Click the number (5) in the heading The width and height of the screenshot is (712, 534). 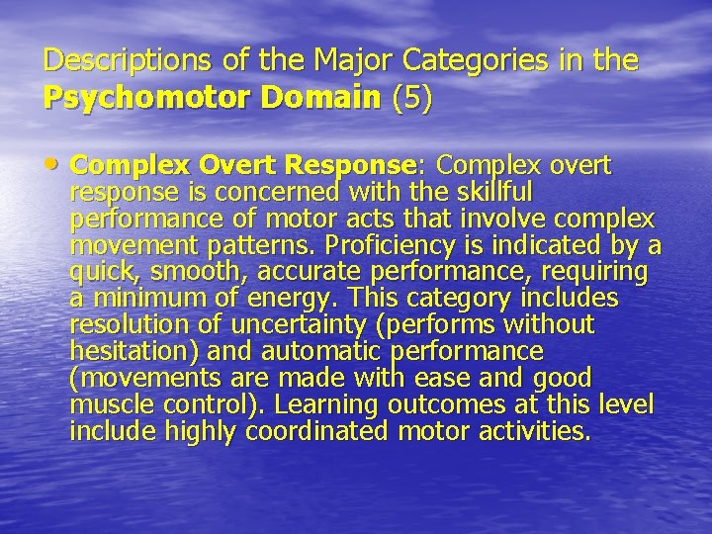[412, 99]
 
